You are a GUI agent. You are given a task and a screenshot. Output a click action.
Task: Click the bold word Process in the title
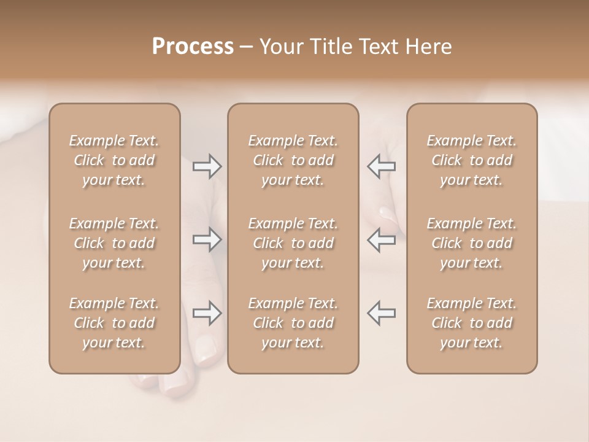pos(193,47)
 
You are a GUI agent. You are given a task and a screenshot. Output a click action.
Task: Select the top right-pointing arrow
pos(207,166)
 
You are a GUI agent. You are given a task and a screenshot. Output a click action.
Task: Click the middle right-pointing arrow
pos(207,239)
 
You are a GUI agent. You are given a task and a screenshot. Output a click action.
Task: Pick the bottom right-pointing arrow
pos(207,312)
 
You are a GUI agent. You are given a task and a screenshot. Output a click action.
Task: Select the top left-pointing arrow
pos(381,166)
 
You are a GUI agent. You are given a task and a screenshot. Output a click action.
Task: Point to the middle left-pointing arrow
pos(381,239)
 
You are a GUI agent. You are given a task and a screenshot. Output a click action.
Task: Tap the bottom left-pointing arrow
pos(381,312)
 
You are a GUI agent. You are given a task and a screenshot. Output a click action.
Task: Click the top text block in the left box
pos(114,160)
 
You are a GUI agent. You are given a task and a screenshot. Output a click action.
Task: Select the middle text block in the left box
pos(114,243)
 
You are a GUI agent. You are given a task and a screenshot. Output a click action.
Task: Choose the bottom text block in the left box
pos(114,323)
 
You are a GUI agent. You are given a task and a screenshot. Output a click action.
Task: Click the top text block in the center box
pos(293,160)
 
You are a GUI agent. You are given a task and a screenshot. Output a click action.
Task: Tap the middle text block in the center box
pos(293,243)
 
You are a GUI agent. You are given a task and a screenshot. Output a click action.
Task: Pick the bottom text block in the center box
pos(293,323)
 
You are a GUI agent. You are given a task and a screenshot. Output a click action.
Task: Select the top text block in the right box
pos(471,160)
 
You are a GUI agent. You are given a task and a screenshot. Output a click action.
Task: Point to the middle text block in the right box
pos(471,243)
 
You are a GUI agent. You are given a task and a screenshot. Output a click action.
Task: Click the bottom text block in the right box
pos(471,323)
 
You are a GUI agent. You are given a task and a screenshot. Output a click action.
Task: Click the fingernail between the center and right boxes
pos(388,214)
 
